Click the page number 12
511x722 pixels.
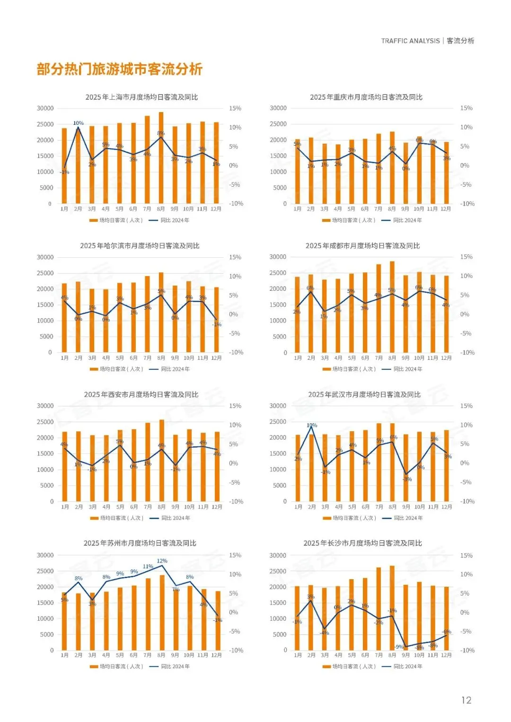click(466, 700)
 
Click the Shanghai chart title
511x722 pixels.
click(141, 97)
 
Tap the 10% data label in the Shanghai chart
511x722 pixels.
click(78, 123)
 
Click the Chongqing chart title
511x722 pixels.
click(366, 97)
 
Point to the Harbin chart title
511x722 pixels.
click(140, 246)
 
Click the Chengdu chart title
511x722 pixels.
click(362, 246)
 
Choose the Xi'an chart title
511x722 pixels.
click(141, 394)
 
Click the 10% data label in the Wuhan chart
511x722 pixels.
click(312, 425)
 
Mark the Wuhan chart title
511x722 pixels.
click(364, 394)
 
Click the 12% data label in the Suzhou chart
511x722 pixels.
click(162, 561)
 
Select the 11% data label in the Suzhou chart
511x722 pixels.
click(148, 566)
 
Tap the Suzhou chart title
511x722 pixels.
click(140, 543)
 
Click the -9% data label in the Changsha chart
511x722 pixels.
click(399, 647)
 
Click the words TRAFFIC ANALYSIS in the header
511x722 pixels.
click(410, 41)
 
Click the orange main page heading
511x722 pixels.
click(120, 70)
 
